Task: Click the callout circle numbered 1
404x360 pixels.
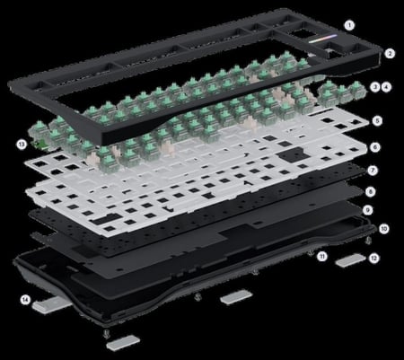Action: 349,25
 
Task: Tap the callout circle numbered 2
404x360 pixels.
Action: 390,54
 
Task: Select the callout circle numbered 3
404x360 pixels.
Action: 375,87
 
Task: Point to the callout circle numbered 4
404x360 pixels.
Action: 387,87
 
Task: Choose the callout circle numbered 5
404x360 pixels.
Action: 377,121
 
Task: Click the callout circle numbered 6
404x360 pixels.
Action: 375,147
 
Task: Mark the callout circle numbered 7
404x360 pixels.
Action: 373,171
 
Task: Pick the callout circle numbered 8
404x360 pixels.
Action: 371,192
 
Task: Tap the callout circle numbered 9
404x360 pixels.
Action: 368,210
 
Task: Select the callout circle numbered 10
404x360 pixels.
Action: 383,229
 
